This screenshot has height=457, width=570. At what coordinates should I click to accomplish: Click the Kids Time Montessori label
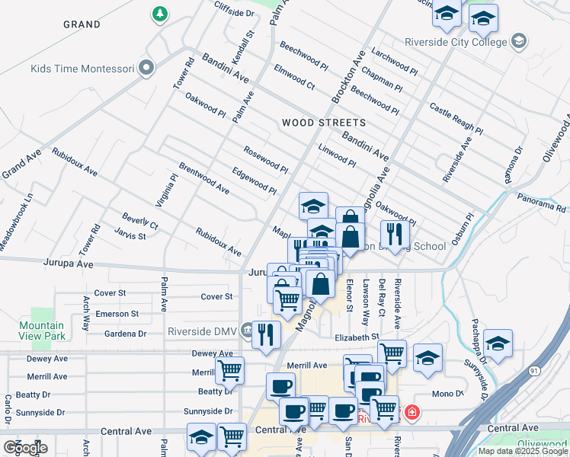point(82,69)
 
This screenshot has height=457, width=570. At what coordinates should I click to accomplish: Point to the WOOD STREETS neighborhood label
point(323,123)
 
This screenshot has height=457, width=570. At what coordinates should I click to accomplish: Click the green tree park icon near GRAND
point(160,14)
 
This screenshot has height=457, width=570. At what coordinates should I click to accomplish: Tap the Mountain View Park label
point(41,331)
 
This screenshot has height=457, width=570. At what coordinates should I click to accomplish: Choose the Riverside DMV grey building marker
point(247,331)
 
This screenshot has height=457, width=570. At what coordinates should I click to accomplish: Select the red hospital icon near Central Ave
point(412,414)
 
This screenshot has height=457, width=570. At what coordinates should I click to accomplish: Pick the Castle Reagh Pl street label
point(456,120)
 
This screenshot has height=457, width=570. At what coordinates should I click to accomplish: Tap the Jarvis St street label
point(130,236)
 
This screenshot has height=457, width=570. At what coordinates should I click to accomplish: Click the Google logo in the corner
point(25,447)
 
